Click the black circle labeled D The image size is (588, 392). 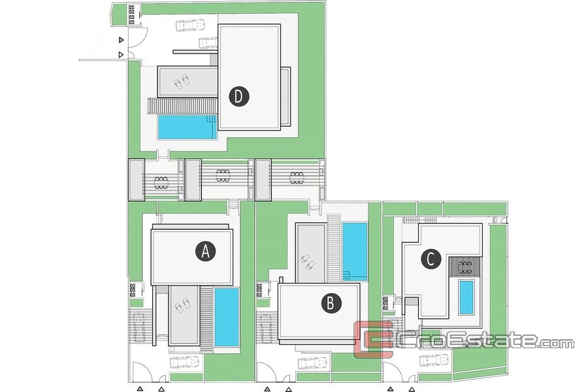pyautogui.click(x=239, y=96)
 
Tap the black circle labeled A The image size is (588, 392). pyautogui.click(x=206, y=251)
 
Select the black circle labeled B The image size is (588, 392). pyautogui.click(x=331, y=302)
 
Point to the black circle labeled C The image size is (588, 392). pyautogui.click(x=431, y=259)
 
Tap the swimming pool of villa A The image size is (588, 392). pyautogui.click(x=227, y=317)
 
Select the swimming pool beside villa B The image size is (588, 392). pyautogui.click(x=355, y=252)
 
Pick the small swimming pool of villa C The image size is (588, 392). pyautogui.click(x=466, y=297)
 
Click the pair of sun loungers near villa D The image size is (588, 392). pyautogui.click(x=182, y=82)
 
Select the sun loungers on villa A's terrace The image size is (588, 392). pyautogui.click(x=183, y=303)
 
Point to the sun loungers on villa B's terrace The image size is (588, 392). pyautogui.click(x=308, y=261)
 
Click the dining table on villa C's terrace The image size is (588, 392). pyautogui.click(x=466, y=267)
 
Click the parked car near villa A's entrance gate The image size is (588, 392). pyautogui.click(x=184, y=363)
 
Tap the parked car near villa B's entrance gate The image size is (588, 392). pyautogui.click(x=312, y=363)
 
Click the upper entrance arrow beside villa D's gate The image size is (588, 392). pyautogui.click(x=121, y=40)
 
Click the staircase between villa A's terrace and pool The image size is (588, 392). pyautogui.click(x=206, y=316)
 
